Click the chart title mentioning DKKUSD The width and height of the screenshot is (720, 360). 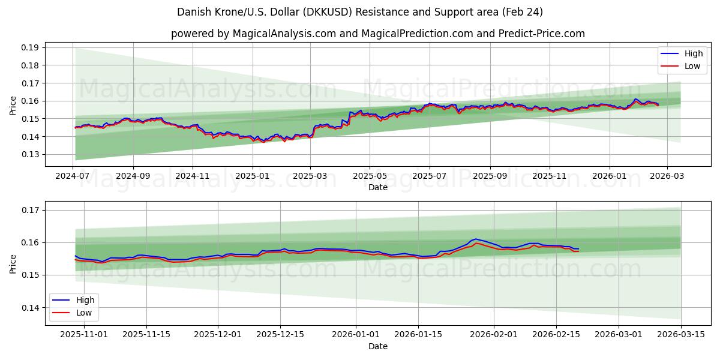point(360,12)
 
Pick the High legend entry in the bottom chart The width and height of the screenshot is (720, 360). point(74,300)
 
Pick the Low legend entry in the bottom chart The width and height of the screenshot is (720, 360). point(74,313)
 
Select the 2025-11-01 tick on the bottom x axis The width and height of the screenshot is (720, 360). point(84,334)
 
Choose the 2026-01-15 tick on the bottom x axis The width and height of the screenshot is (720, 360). point(418,334)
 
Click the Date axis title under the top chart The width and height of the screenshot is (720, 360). point(378,187)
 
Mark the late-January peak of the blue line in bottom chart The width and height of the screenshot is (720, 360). point(476,239)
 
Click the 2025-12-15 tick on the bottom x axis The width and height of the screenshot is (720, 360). point(280,334)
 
